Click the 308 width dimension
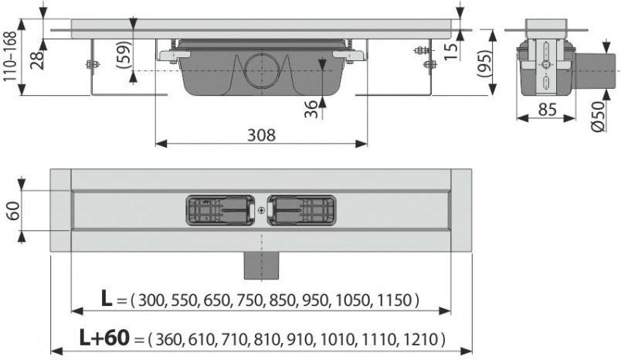click(261, 135)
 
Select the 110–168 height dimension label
click(10, 56)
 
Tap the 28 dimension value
click(38, 59)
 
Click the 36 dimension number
click(312, 109)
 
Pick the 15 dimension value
click(450, 51)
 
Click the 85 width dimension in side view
click(547, 109)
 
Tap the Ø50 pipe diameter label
click(599, 116)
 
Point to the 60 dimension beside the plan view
click(12, 211)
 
